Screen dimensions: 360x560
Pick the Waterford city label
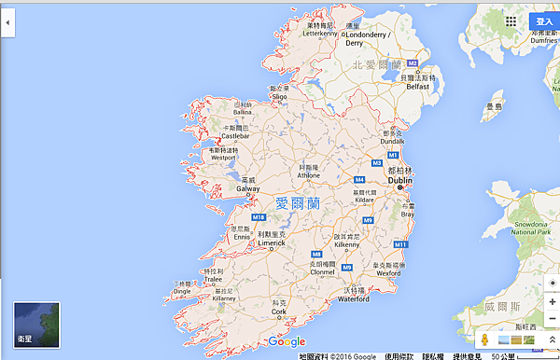pos(353,299)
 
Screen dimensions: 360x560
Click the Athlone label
pos(308,174)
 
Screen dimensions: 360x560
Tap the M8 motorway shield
pos(316,254)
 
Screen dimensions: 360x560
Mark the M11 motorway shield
pos(399,243)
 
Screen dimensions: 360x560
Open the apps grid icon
pos(511,21)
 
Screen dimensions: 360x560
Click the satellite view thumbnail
pos(35,325)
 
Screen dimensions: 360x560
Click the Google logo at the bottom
pos(286,341)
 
